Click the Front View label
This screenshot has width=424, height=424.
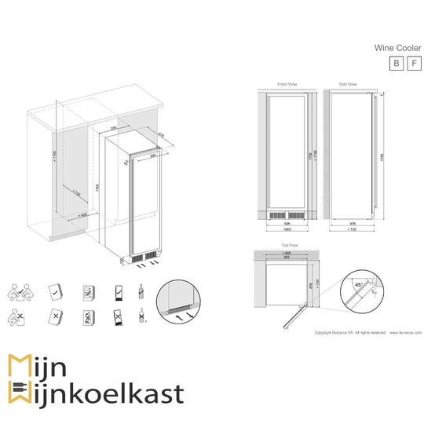287,83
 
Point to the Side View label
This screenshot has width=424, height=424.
348,83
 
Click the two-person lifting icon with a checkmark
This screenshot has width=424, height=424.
21,292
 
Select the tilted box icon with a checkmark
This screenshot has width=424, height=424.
55,291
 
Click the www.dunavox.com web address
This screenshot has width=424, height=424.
405,333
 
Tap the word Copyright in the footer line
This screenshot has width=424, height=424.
323,333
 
